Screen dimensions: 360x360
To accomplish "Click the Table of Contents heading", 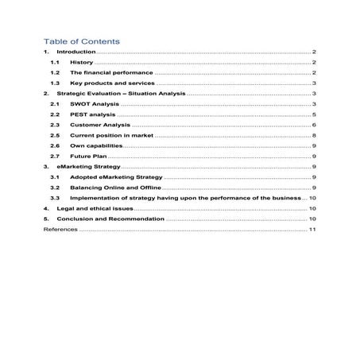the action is [81, 41].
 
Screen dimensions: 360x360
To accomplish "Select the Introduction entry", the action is [75, 52].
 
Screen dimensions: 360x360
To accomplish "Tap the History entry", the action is [82, 62].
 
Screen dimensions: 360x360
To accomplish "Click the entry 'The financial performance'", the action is [106, 72].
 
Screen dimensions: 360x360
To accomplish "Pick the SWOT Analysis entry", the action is [93, 104].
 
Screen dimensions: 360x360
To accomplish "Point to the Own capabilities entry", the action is [95, 146].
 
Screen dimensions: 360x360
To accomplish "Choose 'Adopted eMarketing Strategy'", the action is [110, 178].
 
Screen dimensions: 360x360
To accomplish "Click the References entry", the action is [60, 229].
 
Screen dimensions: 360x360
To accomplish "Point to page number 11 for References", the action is [313, 229].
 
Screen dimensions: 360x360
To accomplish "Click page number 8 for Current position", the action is [315, 136].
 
